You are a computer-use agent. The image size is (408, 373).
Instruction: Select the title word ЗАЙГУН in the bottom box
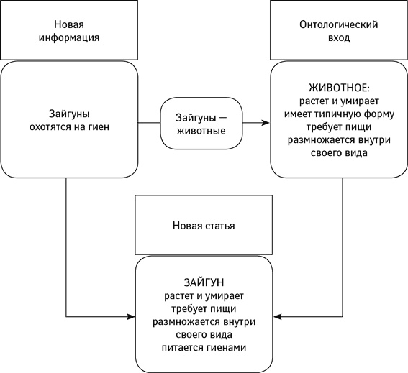click(x=204, y=283)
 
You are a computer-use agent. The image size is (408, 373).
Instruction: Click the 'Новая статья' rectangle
click(x=204, y=225)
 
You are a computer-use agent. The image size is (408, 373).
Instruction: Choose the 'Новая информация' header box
click(x=69, y=31)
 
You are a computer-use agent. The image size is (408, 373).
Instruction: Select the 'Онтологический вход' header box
click(x=338, y=31)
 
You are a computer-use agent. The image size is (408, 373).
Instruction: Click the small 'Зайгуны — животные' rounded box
click(x=201, y=124)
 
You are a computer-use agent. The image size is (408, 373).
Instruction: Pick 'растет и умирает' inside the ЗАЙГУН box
click(x=204, y=296)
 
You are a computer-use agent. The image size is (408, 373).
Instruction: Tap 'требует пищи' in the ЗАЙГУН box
click(x=204, y=309)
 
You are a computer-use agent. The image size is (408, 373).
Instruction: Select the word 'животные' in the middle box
click(x=201, y=131)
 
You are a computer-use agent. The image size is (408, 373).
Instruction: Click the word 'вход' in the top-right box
click(x=338, y=37)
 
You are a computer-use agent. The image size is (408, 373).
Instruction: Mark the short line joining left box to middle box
click(x=149, y=124)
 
